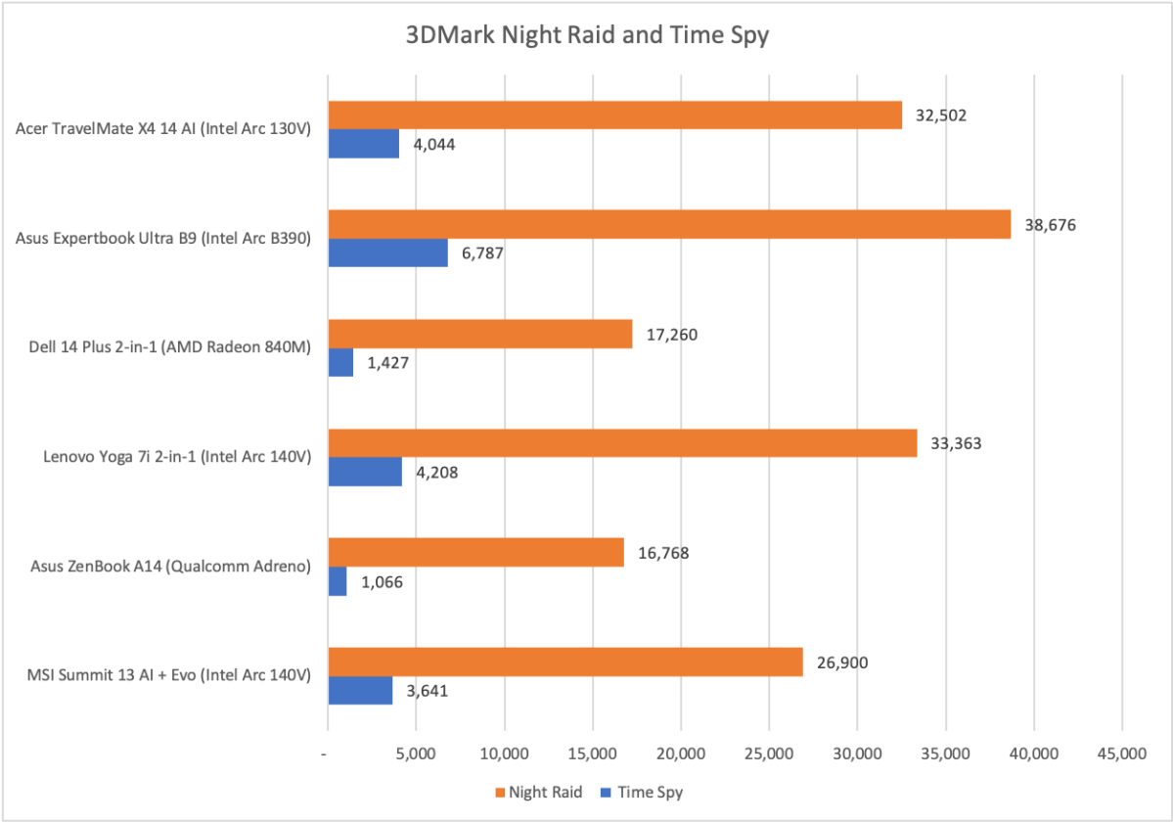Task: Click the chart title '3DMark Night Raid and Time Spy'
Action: tap(587, 36)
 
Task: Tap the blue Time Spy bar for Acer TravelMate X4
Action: tap(364, 144)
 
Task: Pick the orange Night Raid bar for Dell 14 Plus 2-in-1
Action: tap(480, 335)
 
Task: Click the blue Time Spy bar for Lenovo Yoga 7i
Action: tap(365, 472)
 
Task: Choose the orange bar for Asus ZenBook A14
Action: tap(476, 553)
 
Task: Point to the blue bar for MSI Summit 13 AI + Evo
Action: tap(361, 691)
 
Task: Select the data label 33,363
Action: tap(956, 443)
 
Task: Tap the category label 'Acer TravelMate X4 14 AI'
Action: tap(164, 129)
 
